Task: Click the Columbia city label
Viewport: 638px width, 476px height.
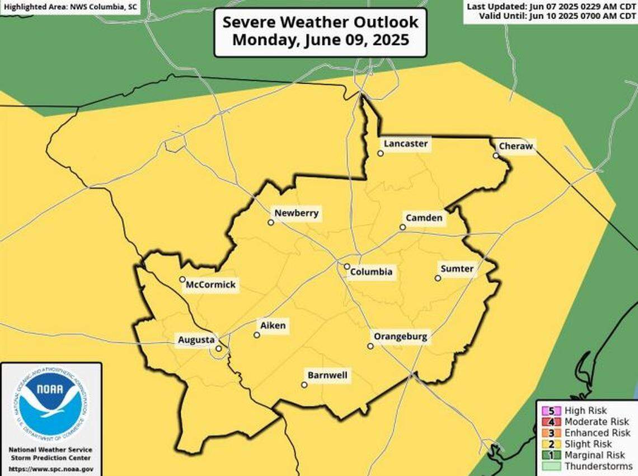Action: [371, 273]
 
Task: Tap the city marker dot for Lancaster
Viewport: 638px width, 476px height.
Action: [381, 153]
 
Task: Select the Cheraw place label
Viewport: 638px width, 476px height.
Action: [515, 147]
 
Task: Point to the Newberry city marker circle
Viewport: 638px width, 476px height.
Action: [271, 222]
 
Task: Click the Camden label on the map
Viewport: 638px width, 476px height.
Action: [424, 218]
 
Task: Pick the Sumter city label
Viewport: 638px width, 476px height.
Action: [457, 269]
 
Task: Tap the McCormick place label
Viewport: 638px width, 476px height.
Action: [211, 285]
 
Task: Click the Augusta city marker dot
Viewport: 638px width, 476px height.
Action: [218, 348]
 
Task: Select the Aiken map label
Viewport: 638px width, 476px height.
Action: [273, 325]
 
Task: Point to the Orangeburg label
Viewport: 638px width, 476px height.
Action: [400, 337]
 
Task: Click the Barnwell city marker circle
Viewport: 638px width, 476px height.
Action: [304, 385]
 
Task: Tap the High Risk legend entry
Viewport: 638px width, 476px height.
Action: [585, 410]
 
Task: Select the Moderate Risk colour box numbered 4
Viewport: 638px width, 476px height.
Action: [552, 422]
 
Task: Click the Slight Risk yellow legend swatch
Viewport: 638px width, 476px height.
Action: [552, 444]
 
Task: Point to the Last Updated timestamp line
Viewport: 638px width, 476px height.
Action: [551, 6]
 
